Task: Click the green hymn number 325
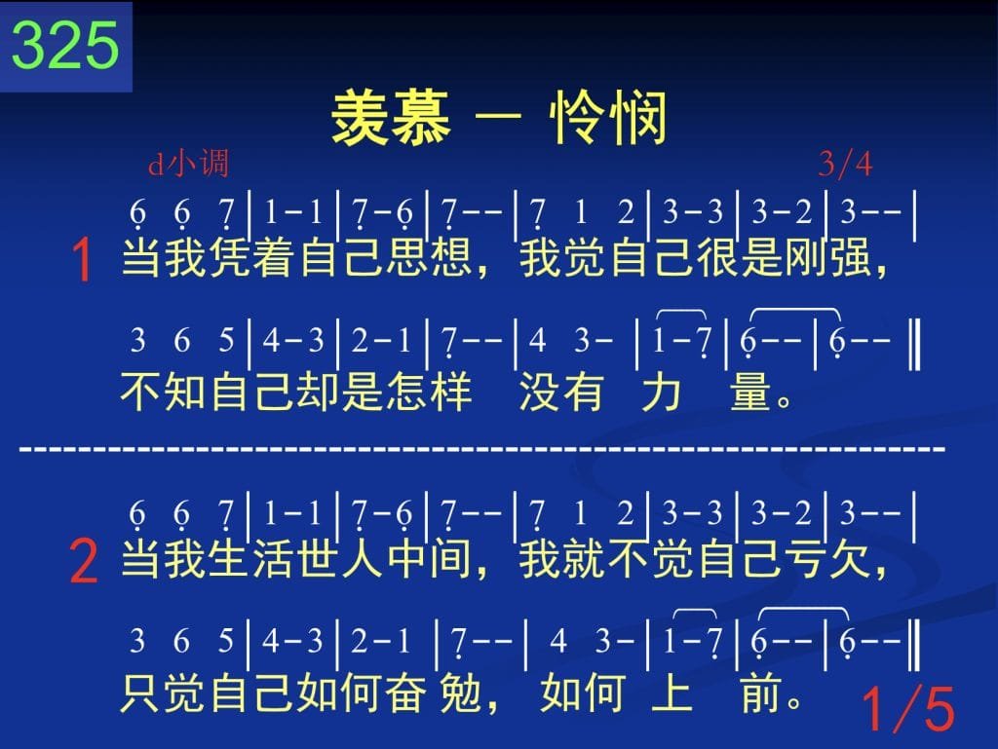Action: coord(65,45)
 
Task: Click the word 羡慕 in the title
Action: coord(391,118)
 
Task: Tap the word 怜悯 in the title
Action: coord(608,118)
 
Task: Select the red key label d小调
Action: coord(188,164)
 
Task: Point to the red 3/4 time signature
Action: coord(845,164)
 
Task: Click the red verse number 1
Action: coord(83,259)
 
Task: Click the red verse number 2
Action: coord(84,561)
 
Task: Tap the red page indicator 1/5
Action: coord(908,709)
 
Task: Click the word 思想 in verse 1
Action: coord(429,257)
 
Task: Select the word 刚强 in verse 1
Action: coord(827,257)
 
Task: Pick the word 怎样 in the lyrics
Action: coord(429,391)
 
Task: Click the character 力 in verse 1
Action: coord(662,391)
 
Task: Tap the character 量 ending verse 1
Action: coord(750,391)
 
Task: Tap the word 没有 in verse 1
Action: coord(561,391)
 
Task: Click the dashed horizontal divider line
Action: coord(482,450)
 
